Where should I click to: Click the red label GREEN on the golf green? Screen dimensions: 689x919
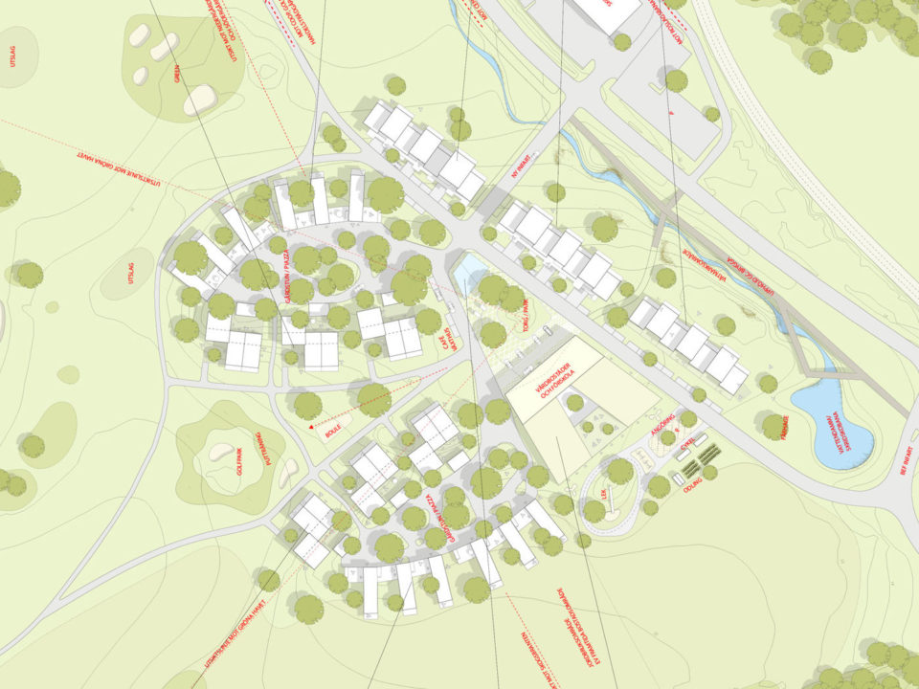coord(177,74)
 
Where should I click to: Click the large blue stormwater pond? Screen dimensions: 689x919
coord(831,421)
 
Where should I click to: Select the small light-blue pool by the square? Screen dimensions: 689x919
coord(469,275)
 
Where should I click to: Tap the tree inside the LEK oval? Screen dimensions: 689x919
coord(619,470)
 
